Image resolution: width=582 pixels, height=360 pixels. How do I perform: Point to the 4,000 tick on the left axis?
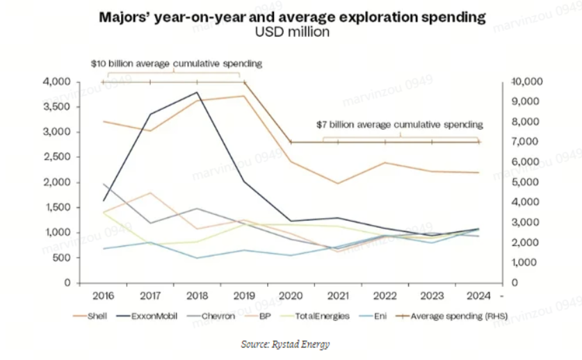pos(59,82)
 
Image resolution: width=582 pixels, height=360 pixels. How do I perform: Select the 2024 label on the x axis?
pos(478,295)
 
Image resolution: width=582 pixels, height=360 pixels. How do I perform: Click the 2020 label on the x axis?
pos(291,295)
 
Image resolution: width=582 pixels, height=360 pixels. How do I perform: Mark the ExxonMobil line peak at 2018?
pos(197,92)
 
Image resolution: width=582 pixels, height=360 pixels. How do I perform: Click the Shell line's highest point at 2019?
pos(244,96)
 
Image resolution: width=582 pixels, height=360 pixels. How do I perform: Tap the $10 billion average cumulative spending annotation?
pos(177,63)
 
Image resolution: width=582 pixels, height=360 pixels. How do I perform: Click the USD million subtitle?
pos(291,33)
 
